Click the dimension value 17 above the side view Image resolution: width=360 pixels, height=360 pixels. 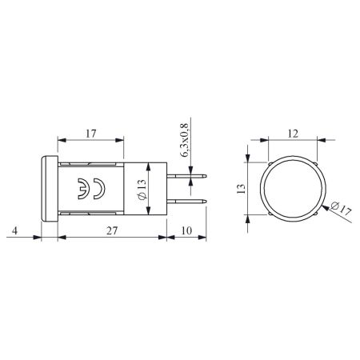91,134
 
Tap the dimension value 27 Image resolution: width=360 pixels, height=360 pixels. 112,230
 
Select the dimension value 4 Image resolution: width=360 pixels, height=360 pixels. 15,230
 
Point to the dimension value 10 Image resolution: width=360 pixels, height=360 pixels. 186,230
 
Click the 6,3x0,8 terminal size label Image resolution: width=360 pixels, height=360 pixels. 185,140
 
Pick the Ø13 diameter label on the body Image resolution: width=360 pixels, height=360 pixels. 142,189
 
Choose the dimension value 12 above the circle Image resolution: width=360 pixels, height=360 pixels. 293,134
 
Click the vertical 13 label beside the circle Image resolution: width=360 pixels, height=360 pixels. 241,189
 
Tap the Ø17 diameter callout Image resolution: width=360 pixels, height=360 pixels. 341,209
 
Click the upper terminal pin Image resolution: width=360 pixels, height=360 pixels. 187,176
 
